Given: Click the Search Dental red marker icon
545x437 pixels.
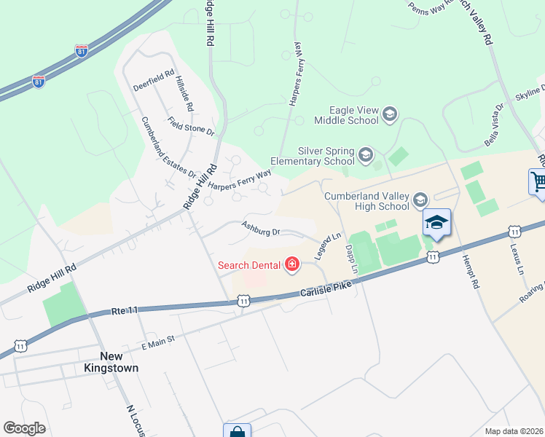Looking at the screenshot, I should (292, 264).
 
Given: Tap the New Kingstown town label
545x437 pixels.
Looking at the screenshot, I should (119, 362).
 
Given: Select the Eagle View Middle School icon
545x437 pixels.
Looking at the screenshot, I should (390, 114).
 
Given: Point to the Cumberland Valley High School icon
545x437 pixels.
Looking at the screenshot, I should (420, 200).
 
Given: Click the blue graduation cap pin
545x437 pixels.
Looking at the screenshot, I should (436, 223).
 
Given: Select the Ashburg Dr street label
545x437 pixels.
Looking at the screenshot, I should (261, 229).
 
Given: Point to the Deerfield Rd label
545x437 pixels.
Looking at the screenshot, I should (153, 79).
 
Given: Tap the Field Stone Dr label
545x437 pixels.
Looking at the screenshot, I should (190, 126).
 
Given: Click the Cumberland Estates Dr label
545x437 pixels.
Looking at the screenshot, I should (168, 148).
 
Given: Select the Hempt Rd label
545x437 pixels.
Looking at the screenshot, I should (470, 269).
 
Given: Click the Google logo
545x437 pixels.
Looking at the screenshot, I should (24, 428).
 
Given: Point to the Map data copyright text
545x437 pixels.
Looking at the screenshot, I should (514, 431).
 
